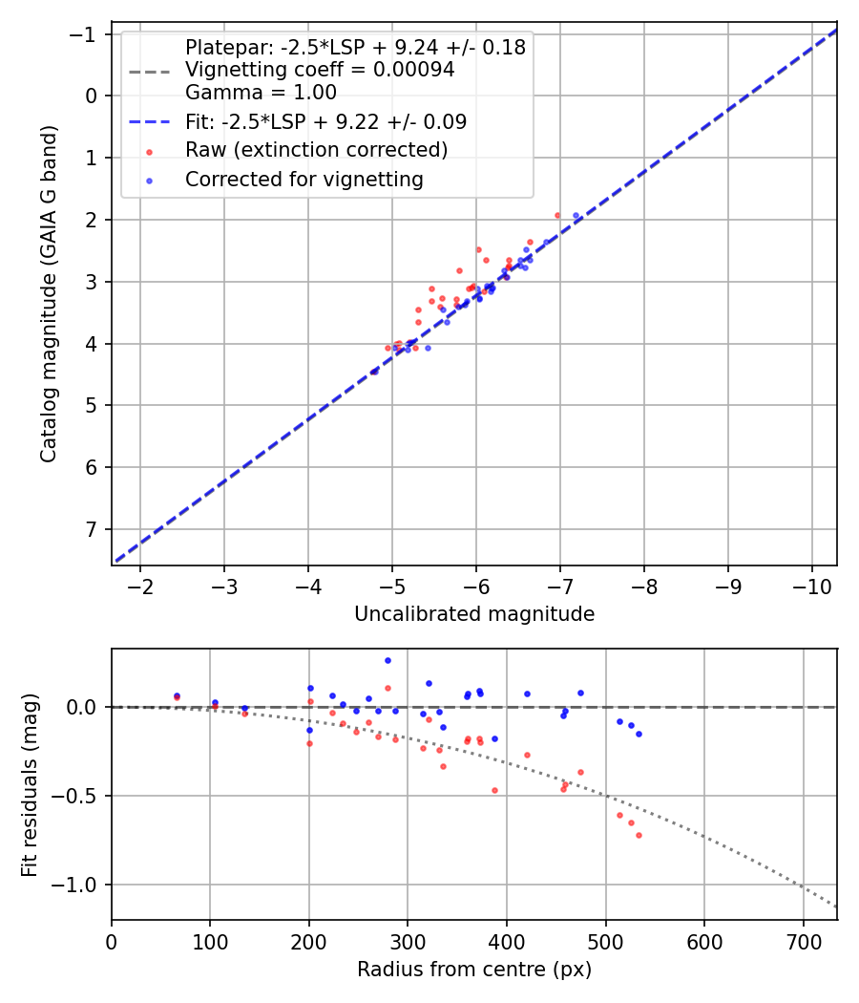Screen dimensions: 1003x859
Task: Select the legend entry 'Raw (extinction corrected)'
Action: click(316, 150)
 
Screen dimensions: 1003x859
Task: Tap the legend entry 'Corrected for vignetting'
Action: click(304, 180)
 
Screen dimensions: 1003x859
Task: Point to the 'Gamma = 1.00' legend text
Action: click(261, 93)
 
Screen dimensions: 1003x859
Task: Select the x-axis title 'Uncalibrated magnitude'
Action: click(474, 614)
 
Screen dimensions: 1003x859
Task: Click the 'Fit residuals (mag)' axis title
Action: click(30, 784)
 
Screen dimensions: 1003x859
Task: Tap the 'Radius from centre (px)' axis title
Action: click(474, 970)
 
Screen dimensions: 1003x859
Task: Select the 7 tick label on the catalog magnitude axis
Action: click(93, 529)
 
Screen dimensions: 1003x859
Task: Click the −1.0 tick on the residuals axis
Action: click(81, 885)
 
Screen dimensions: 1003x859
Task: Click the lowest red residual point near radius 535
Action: click(639, 835)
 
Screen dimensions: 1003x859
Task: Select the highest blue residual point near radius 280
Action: click(388, 660)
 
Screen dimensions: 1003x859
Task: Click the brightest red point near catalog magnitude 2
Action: click(557, 215)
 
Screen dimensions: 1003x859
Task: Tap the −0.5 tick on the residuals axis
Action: click(81, 796)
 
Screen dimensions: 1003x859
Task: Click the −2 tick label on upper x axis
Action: click(140, 586)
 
